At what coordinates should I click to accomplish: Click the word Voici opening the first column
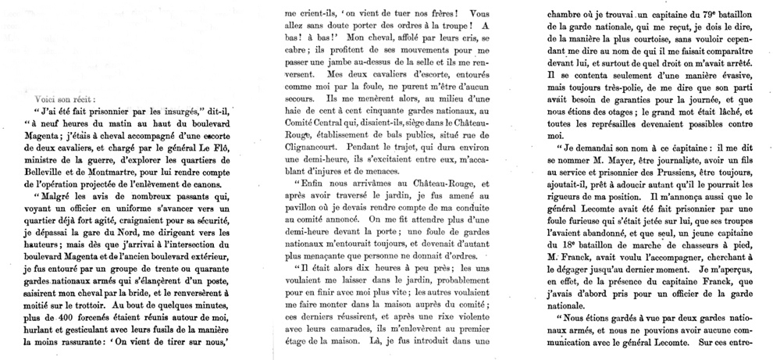coord(49,100)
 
